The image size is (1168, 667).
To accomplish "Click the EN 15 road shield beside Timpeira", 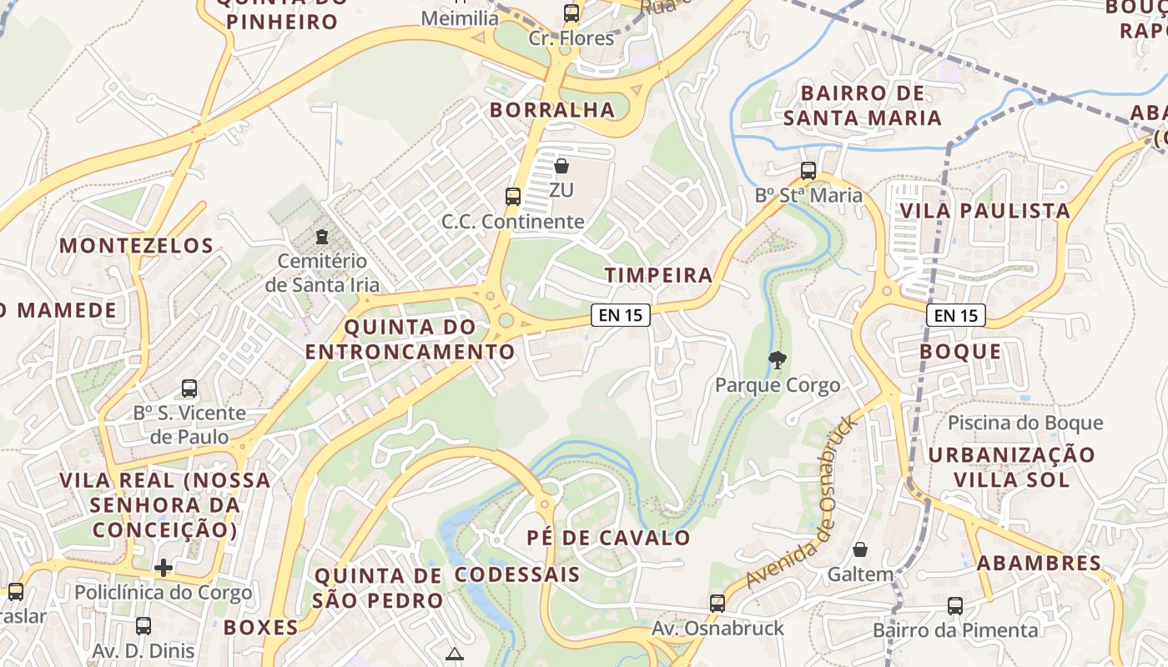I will click(x=621, y=315).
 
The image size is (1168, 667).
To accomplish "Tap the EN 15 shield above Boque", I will click(x=956, y=315).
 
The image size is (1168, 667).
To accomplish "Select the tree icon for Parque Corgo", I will click(x=778, y=360).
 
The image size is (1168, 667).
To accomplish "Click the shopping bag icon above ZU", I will click(x=561, y=166).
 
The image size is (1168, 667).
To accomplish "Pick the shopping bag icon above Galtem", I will click(x=860, y=550).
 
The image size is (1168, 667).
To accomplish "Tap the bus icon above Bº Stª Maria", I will click(x=808, y=171).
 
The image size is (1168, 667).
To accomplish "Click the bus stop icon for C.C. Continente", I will click(x=513, y=197).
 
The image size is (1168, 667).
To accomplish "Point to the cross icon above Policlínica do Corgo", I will click(x=164, y=568).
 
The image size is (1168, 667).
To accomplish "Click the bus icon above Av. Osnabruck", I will click(x=717, y=604).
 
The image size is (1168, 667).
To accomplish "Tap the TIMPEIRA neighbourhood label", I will click(x=659, y=275).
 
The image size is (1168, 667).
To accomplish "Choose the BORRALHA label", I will click(x=552, y=109).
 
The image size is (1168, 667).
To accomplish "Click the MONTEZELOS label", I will click(x=137, y=245).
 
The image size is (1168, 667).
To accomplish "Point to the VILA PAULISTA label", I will click(x=984, y=210).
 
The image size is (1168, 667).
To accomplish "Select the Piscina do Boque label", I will click(x=1037, y=423).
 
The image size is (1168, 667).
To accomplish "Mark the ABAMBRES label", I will click(x=1039, y=563).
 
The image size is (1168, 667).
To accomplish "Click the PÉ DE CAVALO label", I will click(x=609, y=538).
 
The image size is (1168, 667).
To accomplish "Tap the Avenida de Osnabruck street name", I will click(x=802, y=503).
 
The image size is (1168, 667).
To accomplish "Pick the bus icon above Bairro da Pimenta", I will click(x=955, y=606).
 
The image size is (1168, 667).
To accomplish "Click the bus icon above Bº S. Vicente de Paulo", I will click(x=189, y=389).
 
